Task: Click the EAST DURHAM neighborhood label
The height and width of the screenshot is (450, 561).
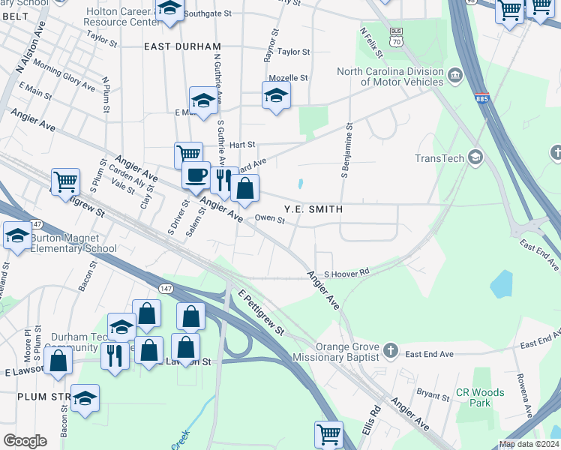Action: [x=182, y=46]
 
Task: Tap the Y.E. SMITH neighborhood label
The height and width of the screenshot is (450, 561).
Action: [x=313, y=209]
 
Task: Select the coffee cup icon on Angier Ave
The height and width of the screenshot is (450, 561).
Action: [x=196, y=175]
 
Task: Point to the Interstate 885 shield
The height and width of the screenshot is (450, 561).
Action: [x=484, y=98]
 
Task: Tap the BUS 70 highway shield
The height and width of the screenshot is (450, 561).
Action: [x=397, y=36]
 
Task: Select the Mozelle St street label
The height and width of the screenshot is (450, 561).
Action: [x=289, y=77]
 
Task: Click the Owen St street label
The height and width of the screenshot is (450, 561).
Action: [x=270, y=220]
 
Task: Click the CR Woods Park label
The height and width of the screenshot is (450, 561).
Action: [x=480, y=397]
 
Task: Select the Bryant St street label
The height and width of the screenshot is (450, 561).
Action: [x=432, y=393]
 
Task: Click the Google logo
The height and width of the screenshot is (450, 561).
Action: [x=25, y=441]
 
